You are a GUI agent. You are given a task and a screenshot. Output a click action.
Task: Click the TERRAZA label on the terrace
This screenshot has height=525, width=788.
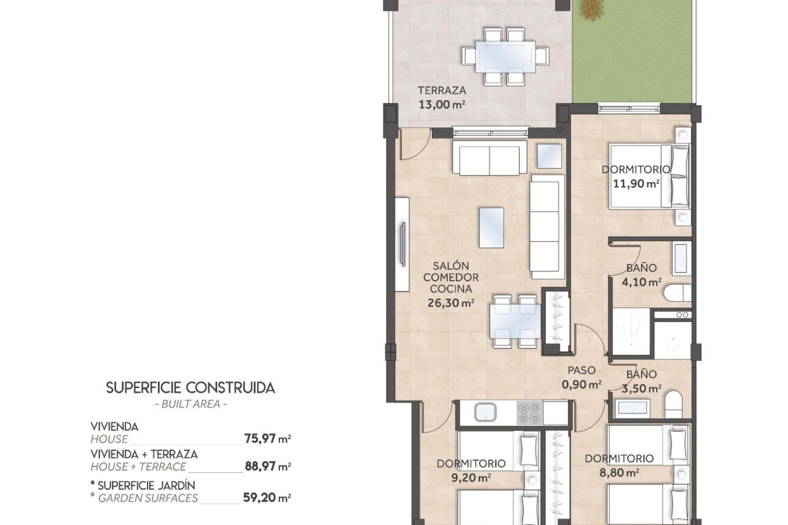[442, 90]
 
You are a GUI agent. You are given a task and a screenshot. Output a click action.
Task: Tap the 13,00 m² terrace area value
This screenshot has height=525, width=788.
[442, 105]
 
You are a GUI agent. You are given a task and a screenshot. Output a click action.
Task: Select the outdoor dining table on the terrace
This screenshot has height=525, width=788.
[505, 56]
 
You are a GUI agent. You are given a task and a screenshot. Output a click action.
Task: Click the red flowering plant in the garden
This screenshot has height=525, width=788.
[591, 8]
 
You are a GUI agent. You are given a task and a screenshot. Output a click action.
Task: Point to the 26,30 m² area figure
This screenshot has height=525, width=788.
[451, 303]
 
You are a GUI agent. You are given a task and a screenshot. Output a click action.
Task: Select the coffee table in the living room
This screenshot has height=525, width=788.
[491, 228]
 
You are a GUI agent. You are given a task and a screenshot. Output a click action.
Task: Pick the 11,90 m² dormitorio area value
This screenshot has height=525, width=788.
[636, 183]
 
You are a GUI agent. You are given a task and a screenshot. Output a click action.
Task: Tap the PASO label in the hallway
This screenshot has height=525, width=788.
[581, 370]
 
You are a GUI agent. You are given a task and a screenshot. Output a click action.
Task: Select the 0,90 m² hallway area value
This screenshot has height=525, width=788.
[581, 385]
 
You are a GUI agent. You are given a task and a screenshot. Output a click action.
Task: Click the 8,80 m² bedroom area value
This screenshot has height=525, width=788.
[619, 473]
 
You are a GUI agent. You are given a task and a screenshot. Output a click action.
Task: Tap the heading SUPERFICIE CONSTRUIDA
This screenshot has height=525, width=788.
[190, 388]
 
